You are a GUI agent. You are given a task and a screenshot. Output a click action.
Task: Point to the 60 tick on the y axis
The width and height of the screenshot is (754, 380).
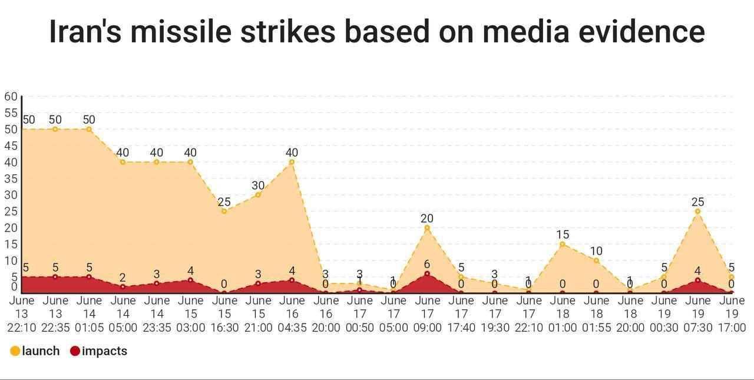coord(11,96)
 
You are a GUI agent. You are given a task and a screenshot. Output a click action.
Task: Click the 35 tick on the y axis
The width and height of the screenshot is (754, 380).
coord(11,179)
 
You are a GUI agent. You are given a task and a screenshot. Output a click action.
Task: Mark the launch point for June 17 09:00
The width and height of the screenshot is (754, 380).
coord(427,227)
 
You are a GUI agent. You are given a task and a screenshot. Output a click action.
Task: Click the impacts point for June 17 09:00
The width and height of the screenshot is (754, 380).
coord(427,273)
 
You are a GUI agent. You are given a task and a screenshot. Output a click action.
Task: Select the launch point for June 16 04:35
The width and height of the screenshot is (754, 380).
coord(292,162)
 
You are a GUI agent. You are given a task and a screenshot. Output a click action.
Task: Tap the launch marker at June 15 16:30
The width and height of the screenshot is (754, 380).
coord(224,211)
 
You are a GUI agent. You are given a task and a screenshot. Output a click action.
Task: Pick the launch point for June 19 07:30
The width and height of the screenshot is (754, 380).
coord(698,211)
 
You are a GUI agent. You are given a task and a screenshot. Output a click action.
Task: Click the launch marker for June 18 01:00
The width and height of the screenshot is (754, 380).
coord(563,244)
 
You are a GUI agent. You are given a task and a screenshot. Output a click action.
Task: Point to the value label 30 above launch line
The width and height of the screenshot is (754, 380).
coord(258,186)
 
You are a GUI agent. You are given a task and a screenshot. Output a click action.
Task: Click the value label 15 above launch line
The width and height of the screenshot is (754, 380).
coord(563,235)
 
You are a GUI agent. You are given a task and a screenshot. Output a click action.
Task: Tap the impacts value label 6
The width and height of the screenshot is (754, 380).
coord(427,265)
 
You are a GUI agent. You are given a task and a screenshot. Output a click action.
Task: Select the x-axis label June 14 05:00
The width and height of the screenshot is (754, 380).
coord(123,313)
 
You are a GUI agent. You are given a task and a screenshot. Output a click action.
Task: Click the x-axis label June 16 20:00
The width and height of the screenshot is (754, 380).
coord(326,313)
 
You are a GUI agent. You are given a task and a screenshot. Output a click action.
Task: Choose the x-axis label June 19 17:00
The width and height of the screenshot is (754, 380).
coord(732,313)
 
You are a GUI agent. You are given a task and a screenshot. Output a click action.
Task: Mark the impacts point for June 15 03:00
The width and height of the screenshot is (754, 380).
coord(190,280)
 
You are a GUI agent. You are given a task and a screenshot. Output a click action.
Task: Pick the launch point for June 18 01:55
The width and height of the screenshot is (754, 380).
coord(596,260)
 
